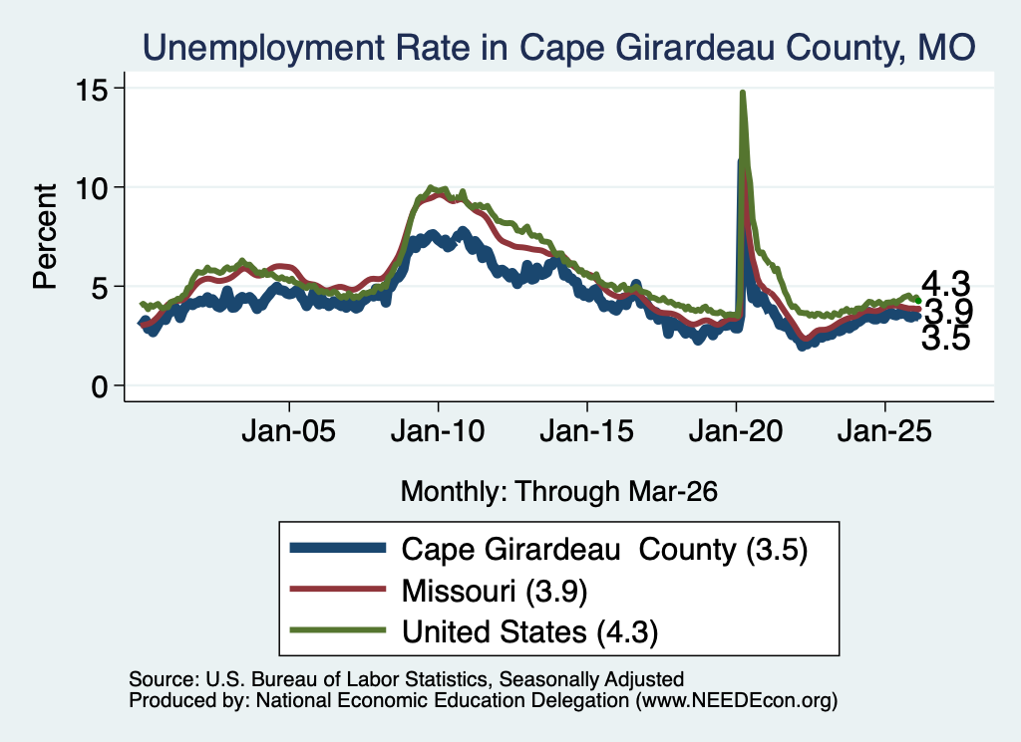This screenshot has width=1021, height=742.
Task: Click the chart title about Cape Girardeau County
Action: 558,48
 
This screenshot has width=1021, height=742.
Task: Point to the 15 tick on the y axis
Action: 92,89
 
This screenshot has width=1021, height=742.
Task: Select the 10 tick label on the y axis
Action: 92,188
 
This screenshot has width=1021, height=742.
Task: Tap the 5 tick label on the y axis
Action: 100,288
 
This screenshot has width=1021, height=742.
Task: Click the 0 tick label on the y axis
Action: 100,386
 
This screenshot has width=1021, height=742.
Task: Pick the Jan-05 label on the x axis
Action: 288,430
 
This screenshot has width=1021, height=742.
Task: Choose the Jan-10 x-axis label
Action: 438,430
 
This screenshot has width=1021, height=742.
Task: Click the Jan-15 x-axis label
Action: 586,430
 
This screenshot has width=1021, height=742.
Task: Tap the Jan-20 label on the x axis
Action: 736,430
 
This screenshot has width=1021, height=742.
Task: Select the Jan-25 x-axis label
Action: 885,430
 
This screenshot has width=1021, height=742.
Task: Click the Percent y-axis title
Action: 45,236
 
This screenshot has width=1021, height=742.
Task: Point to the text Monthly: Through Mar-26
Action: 558,491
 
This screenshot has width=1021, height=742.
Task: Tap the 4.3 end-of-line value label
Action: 946,284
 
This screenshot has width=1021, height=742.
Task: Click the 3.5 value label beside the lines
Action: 946,339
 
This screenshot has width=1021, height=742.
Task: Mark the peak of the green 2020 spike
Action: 742,93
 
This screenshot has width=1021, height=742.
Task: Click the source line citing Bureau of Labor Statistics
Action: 407,679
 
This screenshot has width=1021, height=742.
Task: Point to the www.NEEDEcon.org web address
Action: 737,700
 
